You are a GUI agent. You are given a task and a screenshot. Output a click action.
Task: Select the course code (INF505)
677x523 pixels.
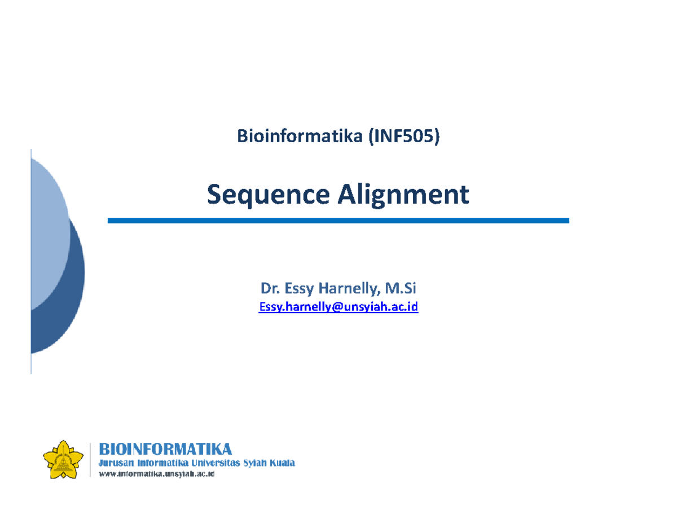point(403,136)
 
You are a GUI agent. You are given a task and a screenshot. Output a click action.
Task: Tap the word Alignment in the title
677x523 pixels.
point(403,195)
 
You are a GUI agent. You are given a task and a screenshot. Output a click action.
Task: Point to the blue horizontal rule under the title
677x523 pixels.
point(338,221)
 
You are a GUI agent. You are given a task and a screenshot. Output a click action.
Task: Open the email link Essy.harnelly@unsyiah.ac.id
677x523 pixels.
point(338,307)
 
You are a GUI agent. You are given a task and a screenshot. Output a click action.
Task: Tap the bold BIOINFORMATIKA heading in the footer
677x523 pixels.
point(165,449)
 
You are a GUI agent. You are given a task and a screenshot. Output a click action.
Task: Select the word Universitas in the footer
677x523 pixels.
point(217,463)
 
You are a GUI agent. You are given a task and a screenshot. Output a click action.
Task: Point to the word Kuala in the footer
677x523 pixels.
point(281,463)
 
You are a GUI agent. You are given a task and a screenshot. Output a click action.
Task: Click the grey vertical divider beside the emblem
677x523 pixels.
point(90,460)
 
